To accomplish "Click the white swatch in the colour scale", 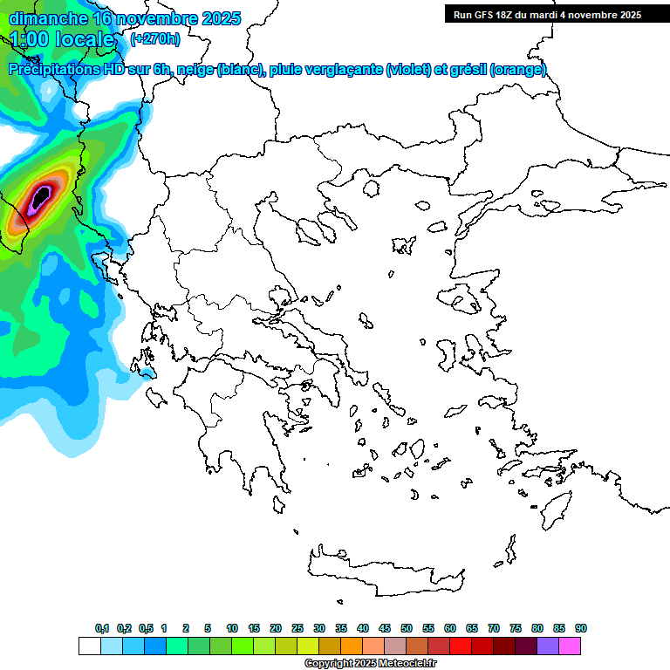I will click(x=89, y=646).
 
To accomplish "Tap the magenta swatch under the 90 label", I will click(x=570, y=646).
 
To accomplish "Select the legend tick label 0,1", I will click(x=102, y=628).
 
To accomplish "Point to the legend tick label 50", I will click(x=407, y=628).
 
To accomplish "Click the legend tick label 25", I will click(x=297, y=628).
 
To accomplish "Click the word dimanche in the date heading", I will click(x=48, y=18).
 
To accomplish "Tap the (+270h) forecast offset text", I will click(x=155, y=38).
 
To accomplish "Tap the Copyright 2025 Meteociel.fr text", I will click(x=370, y=664).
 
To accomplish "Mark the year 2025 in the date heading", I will click(x=220, y=18).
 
